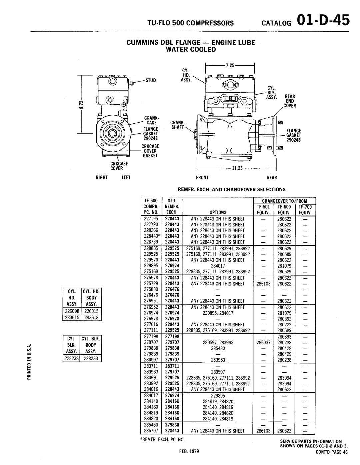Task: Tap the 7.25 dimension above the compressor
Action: click(x=230, y=65)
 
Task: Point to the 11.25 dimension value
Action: click(x=237, y=168)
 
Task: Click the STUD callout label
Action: click(x=151, y=80)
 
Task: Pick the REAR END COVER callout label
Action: click(x=290, y=101)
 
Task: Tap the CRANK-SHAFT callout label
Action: click(x=177, y=125)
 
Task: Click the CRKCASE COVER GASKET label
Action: click(x=150, y=151)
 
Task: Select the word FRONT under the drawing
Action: click(x=202, y=178)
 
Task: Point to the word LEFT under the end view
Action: click(x=126, y=177)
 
